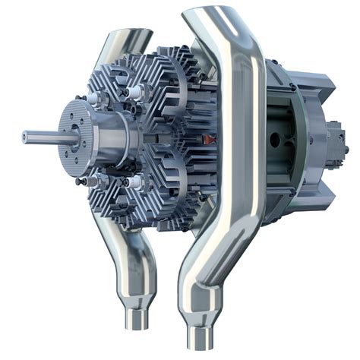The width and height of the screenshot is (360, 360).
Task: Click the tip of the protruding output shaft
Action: pyautogui.click(x=25, y=137)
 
